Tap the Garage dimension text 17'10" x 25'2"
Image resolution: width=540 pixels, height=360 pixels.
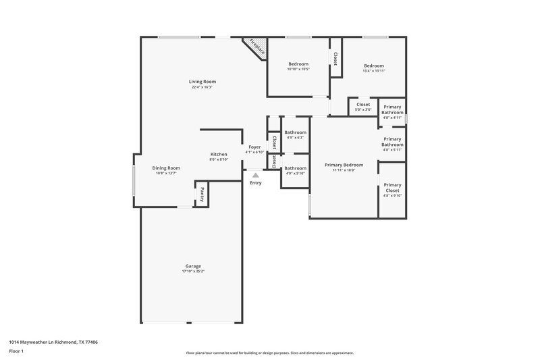[193, 272]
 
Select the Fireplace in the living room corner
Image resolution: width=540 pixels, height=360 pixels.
[256, 47]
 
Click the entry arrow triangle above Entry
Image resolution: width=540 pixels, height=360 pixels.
[256, 175]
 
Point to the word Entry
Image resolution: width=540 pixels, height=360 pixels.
[256, 183]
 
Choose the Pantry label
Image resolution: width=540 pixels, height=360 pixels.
[201, 194]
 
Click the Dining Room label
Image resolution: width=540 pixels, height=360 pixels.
[165, 168]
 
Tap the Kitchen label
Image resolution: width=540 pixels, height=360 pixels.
[218, 155]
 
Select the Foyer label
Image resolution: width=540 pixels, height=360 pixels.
[254, 147]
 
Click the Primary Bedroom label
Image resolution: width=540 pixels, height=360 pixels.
[344, 165]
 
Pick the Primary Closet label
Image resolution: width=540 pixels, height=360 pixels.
[392, 188]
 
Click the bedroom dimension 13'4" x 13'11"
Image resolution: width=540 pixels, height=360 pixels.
[373, 71]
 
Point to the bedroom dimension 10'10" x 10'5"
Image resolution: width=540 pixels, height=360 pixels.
[298, 69]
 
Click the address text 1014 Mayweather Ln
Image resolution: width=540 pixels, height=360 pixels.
[40, 342]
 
